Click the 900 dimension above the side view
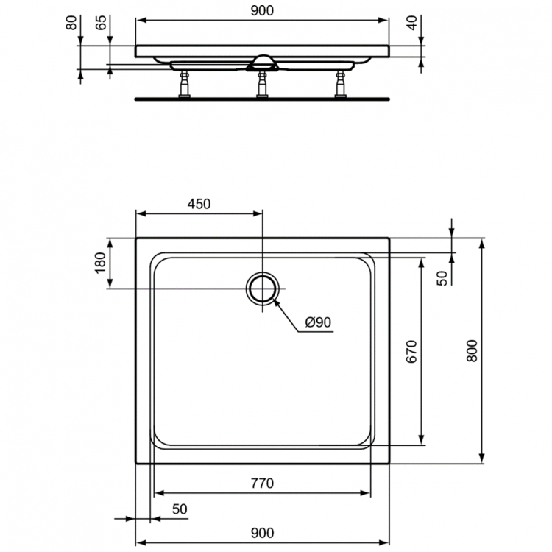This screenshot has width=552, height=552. click(262, 10)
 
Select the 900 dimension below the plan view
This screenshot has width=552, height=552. click(262, 532)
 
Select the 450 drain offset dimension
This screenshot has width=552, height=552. click(199, 204)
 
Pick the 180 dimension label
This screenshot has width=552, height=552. click(101, 263)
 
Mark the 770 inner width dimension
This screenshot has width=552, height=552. click(262, 484)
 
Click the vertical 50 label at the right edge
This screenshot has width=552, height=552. click(442, 277)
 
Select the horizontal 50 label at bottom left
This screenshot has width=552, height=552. click(180, 509)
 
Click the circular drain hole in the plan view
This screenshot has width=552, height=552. click(262, 288)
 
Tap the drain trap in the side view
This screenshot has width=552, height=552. click(262, 63)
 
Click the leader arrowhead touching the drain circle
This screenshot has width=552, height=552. click(275, 301)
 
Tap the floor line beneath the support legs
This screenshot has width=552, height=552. click(262, 99)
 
